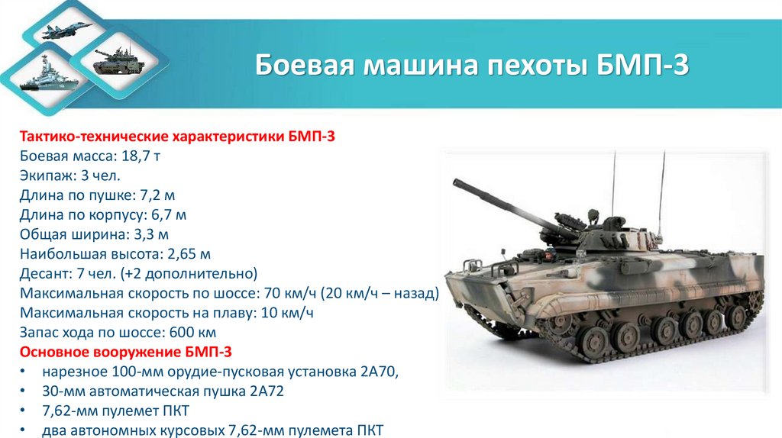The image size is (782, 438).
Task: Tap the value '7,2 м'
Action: pos(162,195)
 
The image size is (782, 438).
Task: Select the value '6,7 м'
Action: pos(169,215)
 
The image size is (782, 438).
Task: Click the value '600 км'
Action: pos(195,333)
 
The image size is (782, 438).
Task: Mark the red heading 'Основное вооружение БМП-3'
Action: pos(125,353)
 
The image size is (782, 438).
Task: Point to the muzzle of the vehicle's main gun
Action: pos(457,182)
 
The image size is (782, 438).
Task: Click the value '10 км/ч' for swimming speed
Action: pos(288,313)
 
